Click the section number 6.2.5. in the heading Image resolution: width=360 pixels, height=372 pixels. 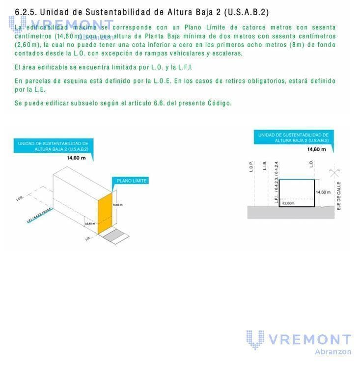point(26,12)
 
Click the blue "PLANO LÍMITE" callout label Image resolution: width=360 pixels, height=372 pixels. point(131,181)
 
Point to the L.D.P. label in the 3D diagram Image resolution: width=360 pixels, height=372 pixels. point(20,199)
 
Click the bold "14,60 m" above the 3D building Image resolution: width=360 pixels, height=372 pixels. point(76,158)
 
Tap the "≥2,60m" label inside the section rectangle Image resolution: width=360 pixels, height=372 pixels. point(288,202)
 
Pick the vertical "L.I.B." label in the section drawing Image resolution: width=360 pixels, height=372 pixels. point(265,166)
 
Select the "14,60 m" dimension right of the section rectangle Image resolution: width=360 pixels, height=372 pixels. point(323,192)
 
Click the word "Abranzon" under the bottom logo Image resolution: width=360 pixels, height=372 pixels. point(333,351)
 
